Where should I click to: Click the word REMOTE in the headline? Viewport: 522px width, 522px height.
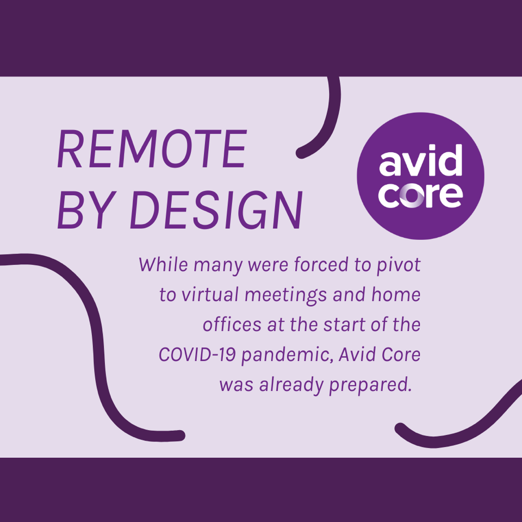(x=152, y=149)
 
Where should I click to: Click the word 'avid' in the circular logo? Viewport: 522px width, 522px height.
(x=421, y=161)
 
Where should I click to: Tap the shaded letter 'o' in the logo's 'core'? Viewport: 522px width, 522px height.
(x=412, y=196)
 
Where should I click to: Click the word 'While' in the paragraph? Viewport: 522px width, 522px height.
(x=164, y=264)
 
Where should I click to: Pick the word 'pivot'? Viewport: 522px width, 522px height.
(x=399, y=266)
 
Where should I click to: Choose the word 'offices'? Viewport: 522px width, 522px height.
(x=232, y=325)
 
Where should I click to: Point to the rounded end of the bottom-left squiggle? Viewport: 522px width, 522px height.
(x=180, y=436)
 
